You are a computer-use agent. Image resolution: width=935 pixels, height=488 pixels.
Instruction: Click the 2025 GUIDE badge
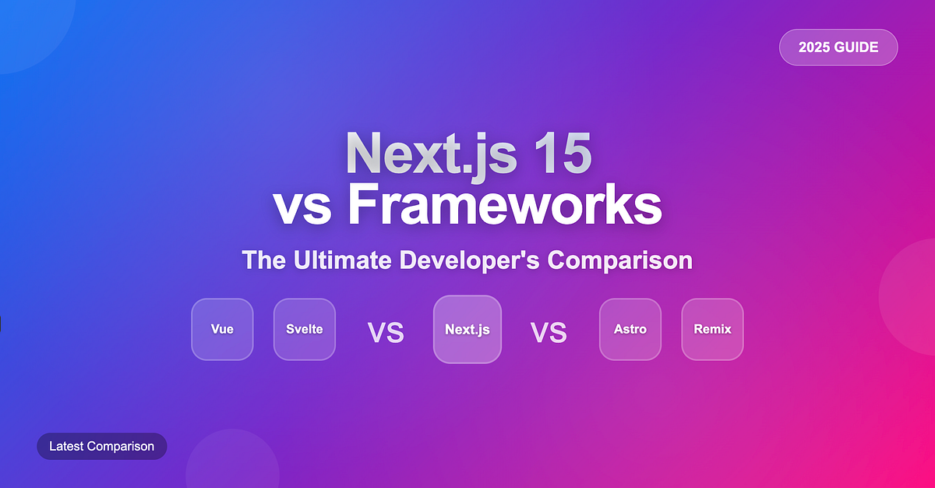pos(838,48)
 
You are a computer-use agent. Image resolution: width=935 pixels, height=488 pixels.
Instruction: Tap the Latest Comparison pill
pos(102,446)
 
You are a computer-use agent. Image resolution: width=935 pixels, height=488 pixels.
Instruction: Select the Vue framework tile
pos(222,330)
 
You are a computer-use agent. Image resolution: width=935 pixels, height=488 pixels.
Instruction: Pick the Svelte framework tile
pos(305,330)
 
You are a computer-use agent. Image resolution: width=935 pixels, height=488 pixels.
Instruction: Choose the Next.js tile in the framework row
pos(467,330)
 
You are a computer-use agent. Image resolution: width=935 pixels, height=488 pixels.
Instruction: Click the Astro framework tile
pos(630,330)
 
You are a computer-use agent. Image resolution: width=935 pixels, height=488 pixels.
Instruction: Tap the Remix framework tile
pos(712,330)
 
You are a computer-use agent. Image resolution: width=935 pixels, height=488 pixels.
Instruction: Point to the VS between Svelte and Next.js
pos(386,333)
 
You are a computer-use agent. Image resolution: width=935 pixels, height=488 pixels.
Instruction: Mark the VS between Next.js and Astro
pos(549,333)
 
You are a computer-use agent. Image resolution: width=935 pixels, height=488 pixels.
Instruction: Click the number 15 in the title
pos(563,153)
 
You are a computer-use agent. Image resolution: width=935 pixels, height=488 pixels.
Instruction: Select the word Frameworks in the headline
pos(505,204)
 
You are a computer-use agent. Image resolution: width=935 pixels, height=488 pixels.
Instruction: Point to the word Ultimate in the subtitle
pos(342,260)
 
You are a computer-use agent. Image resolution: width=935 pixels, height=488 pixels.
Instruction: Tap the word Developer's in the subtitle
pos(470,261)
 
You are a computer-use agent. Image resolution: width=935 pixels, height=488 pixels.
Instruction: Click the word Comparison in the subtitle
pos(620,261)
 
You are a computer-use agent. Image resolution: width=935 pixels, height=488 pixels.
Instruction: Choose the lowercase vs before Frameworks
pos(302,208)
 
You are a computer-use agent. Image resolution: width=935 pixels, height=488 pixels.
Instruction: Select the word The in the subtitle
pos(264,260)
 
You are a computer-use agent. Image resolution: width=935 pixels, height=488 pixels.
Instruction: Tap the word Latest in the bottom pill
pos(66,446)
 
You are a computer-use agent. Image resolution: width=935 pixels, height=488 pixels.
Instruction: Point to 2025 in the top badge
pos(814,48)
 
